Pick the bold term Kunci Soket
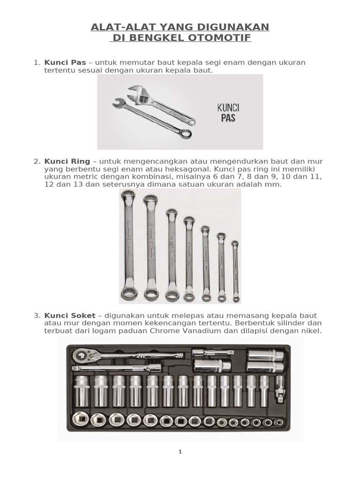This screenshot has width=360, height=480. tap(70, 315)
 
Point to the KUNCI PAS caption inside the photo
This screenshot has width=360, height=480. tap(226, 112)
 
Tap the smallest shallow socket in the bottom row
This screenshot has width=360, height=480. tap(279, 422)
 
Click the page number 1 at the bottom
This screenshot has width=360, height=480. tap(180, 452)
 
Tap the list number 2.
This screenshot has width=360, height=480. tap(36, 161)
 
